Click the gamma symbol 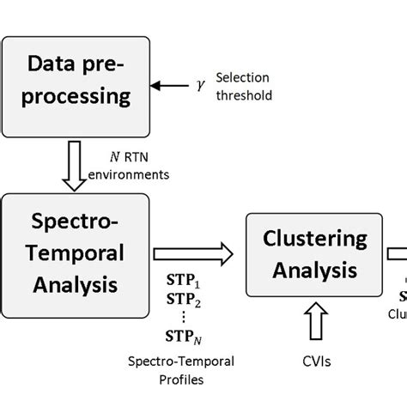click(201, 86)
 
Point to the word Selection click(241, 77)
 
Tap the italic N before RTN click(114, 156)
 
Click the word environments click(131, 174)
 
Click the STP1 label click(182, 282)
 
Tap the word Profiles click(181, 379)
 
